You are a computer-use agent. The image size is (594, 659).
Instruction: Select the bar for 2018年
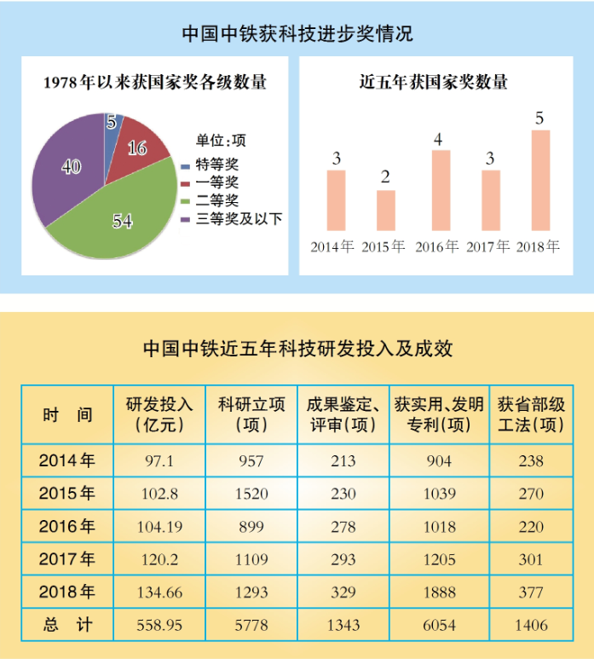pos(539,180)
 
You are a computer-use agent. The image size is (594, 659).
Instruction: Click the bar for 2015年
pos(385,210)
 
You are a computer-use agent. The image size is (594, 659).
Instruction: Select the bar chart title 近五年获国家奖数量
pos(434,83)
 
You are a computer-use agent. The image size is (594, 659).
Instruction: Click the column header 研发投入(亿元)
pos(159,413)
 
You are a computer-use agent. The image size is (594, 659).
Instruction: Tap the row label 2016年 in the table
pos(67,527)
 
